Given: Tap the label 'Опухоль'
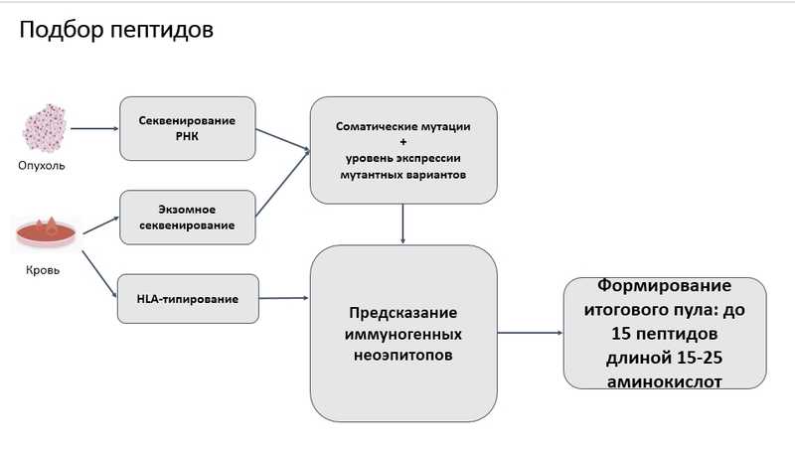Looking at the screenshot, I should coord(42,166).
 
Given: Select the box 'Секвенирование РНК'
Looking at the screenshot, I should coord(188,128).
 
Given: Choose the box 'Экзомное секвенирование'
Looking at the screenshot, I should coord(188,218).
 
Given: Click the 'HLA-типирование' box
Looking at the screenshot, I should coord(188,298).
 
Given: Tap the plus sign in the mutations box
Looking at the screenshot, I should coord(402,143).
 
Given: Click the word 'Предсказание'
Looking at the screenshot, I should coord(402,312).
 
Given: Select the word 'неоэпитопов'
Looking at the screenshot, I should coord(402,355).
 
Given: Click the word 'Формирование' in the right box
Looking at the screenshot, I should coord(666,285).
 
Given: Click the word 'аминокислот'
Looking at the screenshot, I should coord(666,379).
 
